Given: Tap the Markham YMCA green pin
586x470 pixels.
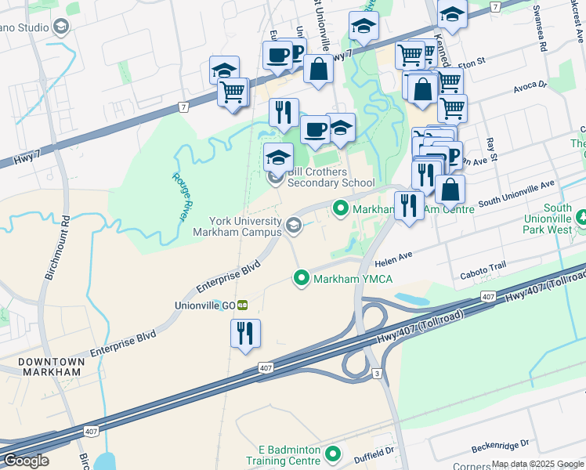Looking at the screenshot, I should (x=301, y=277).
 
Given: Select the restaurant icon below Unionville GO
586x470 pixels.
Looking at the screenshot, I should (x=245, y=333).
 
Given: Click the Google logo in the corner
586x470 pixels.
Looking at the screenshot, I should (x=26, y=461).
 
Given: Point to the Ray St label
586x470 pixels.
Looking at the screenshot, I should (x=492, y=148).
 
